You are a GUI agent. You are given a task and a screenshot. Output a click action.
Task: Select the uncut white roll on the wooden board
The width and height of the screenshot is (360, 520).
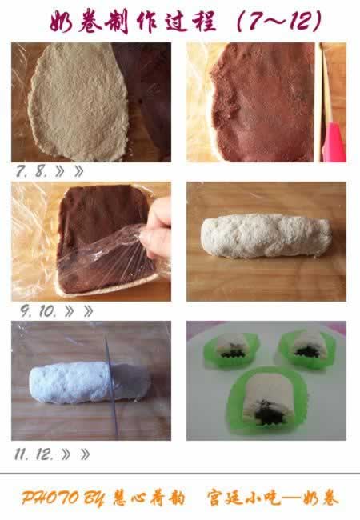266,236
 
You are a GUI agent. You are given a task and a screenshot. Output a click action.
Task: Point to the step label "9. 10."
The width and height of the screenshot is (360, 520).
38,311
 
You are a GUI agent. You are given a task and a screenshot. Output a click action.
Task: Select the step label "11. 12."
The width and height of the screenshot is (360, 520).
34,454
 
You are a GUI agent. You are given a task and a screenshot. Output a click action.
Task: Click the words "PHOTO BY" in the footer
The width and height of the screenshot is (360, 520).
62,498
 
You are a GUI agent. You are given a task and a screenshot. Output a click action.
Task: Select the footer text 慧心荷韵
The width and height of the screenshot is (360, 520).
148,498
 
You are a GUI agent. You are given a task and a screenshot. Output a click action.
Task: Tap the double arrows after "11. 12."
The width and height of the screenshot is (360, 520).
75,454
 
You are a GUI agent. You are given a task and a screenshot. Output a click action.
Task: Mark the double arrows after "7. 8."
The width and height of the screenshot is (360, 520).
70,171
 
